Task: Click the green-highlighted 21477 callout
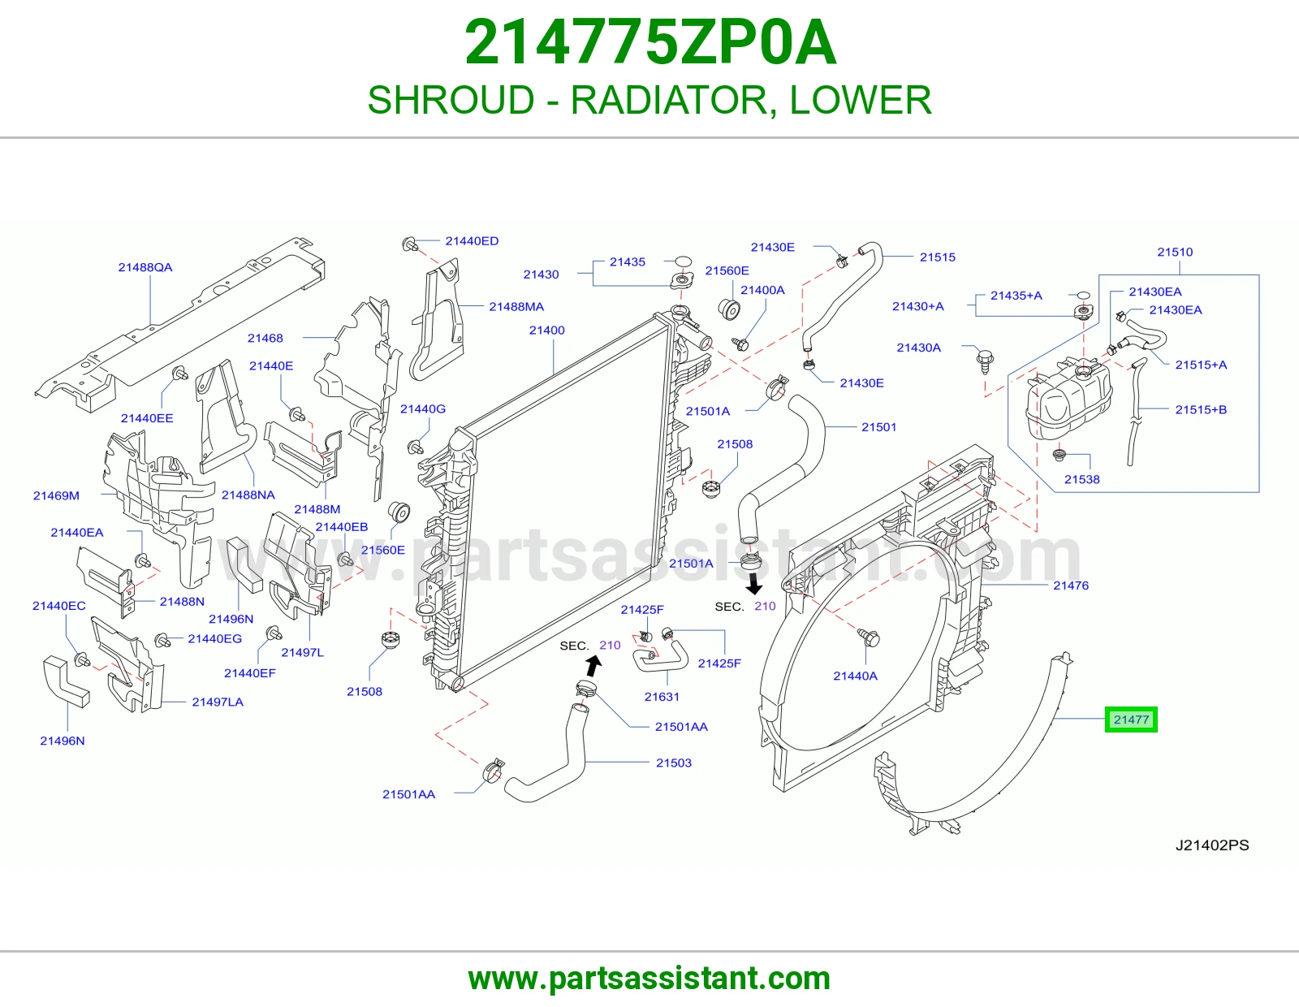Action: click(1130, 720)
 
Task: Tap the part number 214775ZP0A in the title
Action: click(649, 42)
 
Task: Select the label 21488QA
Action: click(145, 267)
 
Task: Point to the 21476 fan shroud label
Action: click(1071, 586)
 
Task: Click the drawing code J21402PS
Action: click(1212, 845)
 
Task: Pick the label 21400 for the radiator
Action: click(547, 330)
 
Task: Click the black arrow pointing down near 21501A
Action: click(754, 584)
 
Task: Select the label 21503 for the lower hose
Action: click(674, 763)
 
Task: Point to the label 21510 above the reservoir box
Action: click(1175, 253)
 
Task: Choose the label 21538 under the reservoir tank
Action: click(1082, 479)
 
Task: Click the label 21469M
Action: click(56, 495)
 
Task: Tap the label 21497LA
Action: click(218, 702)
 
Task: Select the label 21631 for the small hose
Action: click(662, 697)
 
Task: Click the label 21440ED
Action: click(472, 241)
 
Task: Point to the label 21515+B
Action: click(1201, 409)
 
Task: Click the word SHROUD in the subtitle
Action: click(451, 100)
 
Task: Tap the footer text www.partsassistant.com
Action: click(649, 979)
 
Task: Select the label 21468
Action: click(265, 338)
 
